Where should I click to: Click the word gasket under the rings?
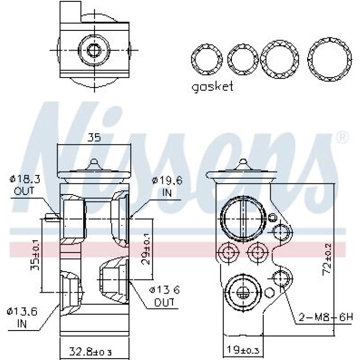point(212,87)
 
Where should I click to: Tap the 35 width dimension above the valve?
point(94,137)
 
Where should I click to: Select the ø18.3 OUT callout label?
point(25,184)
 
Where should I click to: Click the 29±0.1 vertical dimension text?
point(146,249)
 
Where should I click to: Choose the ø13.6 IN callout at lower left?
point(22,317)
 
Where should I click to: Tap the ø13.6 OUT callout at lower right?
point(165,296)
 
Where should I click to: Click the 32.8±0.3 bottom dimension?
point(90,352)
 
